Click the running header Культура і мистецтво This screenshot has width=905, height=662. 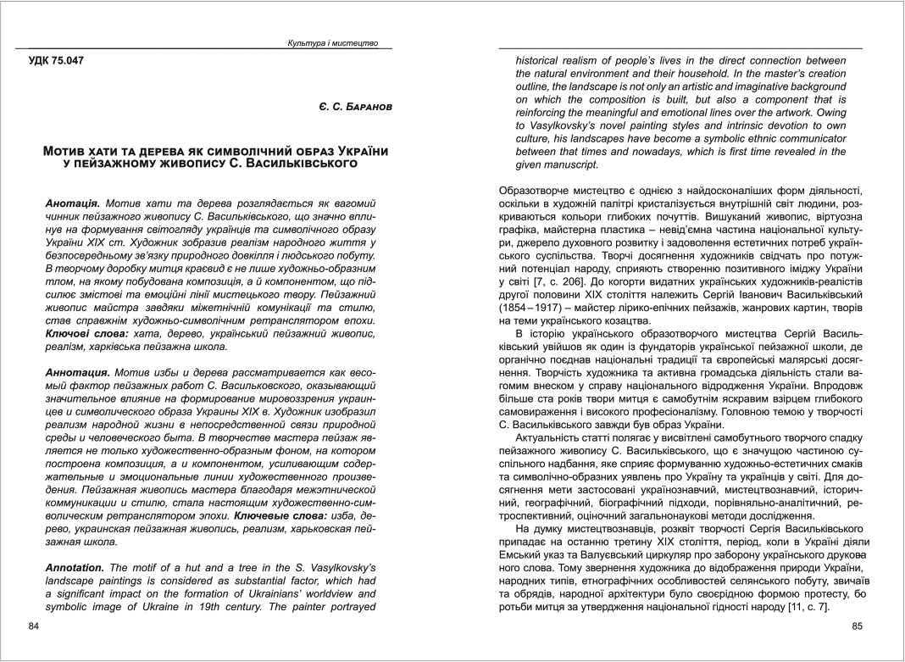point(333,42)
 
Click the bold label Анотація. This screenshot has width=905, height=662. point(73,204)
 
